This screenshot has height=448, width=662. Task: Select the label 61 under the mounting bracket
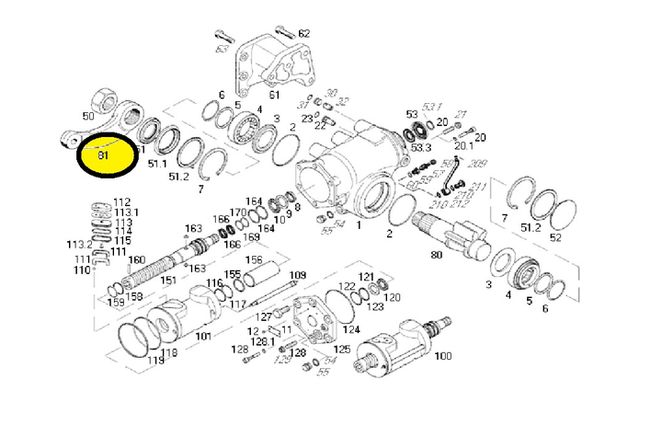(x=273, y=95)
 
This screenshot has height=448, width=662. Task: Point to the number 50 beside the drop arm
(x=88, y=117)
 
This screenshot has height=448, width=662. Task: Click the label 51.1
(x=157, y=164)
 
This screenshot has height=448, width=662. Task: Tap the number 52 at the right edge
(x=555, y=237)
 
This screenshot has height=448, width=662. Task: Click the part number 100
(x=443, y=355)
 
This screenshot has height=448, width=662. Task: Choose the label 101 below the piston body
(x=203, y=337)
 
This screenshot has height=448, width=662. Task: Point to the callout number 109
(x=298, y=275)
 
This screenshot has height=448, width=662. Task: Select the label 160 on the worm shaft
(x=136, y=259)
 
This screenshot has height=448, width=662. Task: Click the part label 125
(x=341, y=350)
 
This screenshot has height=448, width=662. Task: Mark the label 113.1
(x=125, y=212)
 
